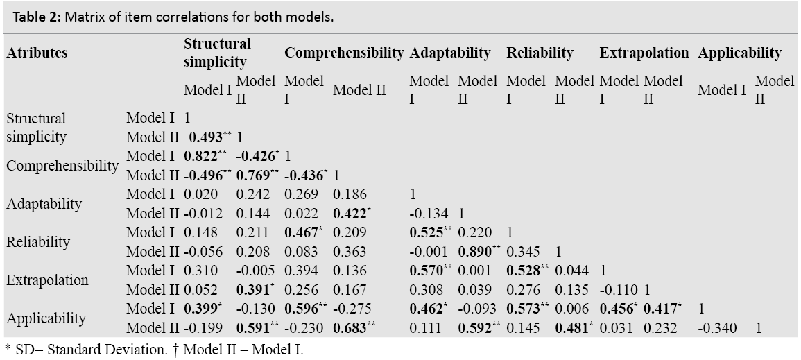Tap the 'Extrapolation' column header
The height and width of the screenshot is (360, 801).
[644, 53]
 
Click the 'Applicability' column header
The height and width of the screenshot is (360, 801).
[739, 53]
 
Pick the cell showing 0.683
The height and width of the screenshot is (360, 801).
[354, 327]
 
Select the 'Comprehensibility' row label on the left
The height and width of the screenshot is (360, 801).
[62, 166]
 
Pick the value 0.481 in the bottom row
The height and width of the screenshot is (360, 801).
[571, 327]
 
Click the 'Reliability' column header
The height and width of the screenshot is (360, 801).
[540, 53]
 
